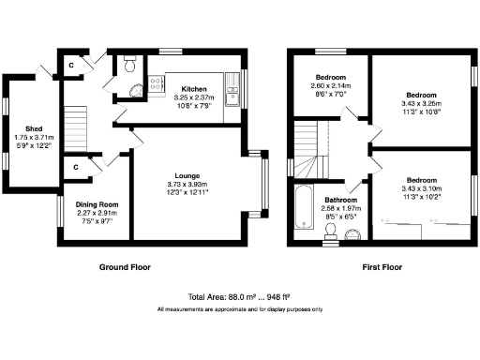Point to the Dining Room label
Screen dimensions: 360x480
tap(97, 203)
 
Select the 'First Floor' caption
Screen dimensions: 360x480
tap(382, 267)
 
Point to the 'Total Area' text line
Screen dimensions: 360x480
tap(239, 295)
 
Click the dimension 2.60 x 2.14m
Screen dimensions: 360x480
tap(329, 85)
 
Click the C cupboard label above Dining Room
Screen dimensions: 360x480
tap(74, 167)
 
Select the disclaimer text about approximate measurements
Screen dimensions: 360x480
tap(239, 309)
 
